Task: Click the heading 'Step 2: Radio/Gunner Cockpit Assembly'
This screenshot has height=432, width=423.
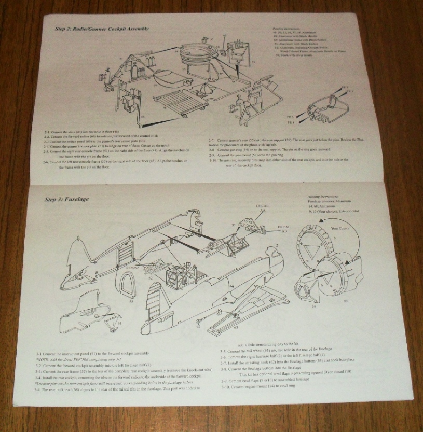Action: (x=101, y=29)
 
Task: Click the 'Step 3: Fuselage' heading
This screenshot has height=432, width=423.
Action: (x=66, y=199)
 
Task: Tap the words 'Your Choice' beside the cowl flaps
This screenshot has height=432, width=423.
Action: (x=342, y=228)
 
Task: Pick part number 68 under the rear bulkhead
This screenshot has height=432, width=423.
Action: (x=131, y=301)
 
